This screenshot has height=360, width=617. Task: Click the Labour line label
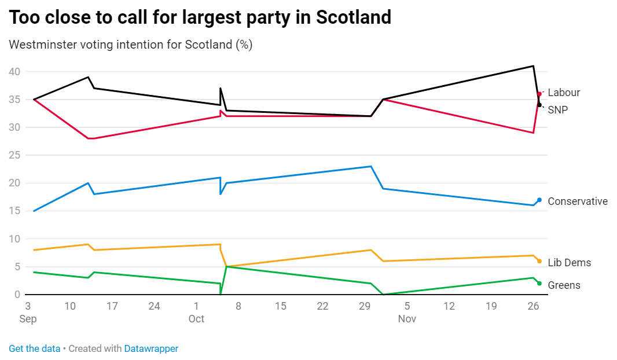(563, 93)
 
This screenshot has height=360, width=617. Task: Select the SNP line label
(557, 109)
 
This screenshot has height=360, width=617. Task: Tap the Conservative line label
(577, 201)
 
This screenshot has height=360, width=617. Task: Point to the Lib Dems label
(569, 263)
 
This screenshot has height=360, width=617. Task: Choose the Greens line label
(564, 285)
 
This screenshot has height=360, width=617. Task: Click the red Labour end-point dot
(539, 94)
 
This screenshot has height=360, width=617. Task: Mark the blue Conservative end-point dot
(539, 200)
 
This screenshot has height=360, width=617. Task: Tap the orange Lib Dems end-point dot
(539, 261)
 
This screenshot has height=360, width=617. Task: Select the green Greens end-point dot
(539, 283)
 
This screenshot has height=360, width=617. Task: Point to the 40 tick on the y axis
(14, 72)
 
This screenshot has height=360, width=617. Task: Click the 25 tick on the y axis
(14, 155)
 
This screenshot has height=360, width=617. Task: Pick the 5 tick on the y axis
(17, 267)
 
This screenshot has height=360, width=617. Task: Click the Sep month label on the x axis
(27, 319)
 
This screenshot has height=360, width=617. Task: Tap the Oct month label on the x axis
(196, 319)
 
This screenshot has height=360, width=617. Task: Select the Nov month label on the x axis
(407, 319)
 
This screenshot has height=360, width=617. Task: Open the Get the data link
(35, 348)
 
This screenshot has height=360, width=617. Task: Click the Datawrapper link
(151, 348)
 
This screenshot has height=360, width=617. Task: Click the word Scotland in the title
(354, 17)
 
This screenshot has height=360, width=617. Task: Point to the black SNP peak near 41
(533, 66)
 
